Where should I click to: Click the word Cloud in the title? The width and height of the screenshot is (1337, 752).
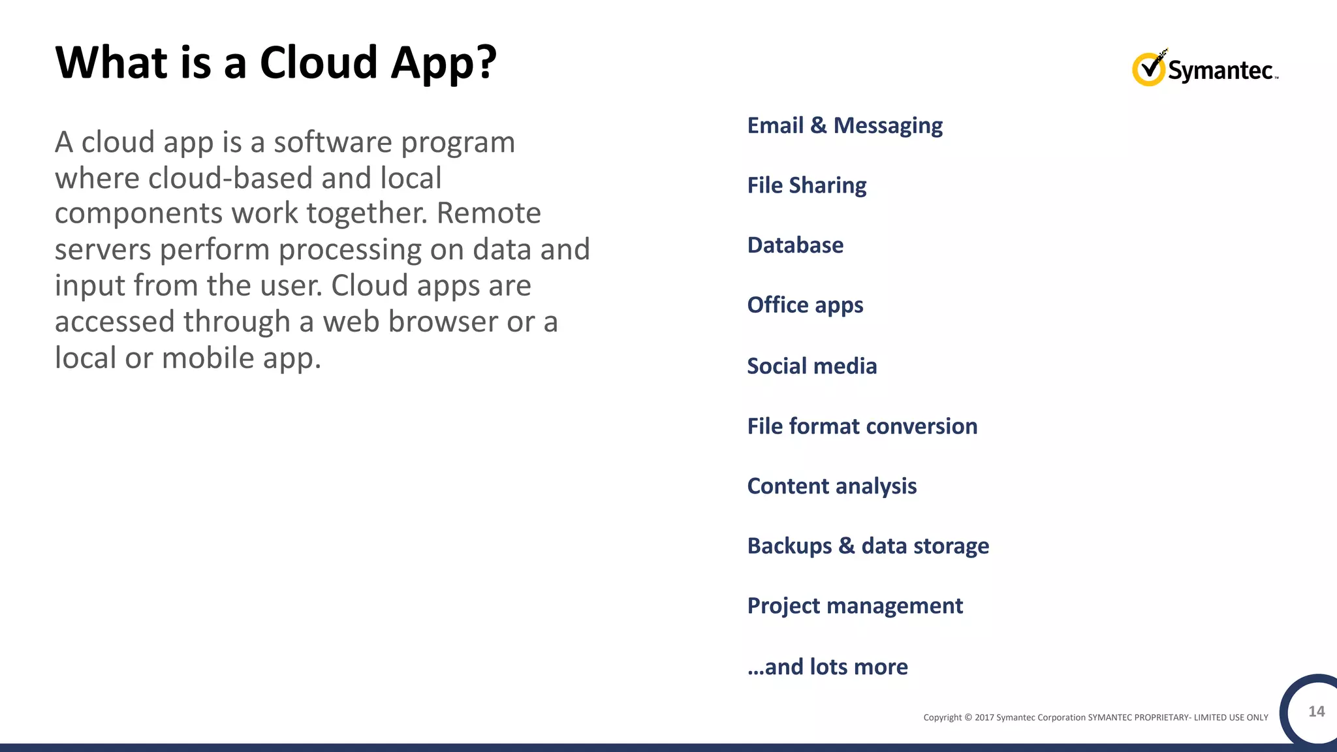pyautogui.click(x=319, y=63)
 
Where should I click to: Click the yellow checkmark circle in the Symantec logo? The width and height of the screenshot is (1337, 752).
pyautogui.click(x=1148, y=69)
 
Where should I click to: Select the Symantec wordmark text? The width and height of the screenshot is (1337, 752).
pyautogui.click(x=1221, y=70)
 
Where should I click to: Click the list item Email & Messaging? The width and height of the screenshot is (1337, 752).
pyautogui.click(x=845, y=125)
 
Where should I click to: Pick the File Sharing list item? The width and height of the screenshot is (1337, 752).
pyautogui.click(x=807, y=185)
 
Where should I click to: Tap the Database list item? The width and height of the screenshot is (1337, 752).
pyautogui.click(x=795, y=245)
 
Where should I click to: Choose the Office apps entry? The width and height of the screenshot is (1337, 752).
pyautogui.click(x=805, y=305)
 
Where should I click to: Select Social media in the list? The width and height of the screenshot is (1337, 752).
pyautogui.click(x=811, y=366)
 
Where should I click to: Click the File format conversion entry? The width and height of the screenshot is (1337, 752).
pyautogui.click(x=862, y=426)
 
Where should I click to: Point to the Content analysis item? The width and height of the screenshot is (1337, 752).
pyautogui.click(x=832, y=486)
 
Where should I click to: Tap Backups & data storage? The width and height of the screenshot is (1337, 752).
pyautogui.click(x=868, y=546)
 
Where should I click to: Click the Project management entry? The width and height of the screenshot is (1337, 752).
pyautogui.click(x=855, y=606)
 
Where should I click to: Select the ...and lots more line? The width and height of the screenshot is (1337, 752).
pyautogui.click(x=827, y=667)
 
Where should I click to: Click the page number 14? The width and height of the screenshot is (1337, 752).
pyautogui.click(x=1316, y=712)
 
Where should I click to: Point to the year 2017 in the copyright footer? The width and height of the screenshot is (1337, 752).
pyautogui.click(x=984, y=717)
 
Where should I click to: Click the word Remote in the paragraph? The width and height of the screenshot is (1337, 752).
pyautogui.click(x=488, y=213)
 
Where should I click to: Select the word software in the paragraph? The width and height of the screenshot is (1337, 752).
pyautogui.click(x=328, y=142)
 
